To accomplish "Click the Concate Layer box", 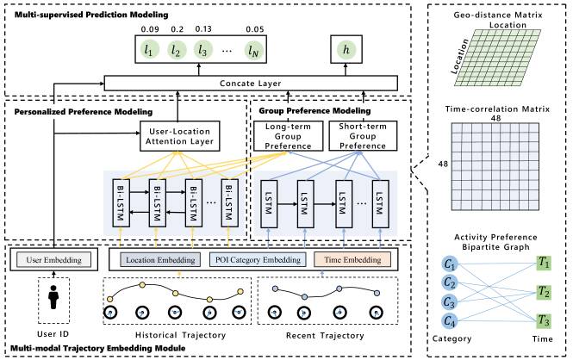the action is click(x=251, y=84).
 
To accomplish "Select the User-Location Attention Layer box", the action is click(x=180, y=136).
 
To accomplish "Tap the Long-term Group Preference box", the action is click(x=289, y=136).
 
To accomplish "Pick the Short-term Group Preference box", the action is click(x=363, y=136).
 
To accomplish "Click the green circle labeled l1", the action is click(x=148, y=50).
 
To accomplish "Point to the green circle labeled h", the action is click(x=346, y=49).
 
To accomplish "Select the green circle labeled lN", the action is click(x=253, y=51).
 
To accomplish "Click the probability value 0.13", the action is click(x=203, y=29).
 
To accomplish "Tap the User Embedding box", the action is click(x=53, y=260).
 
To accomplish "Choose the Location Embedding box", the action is click(x=160, y=260).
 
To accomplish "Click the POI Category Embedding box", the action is click(x=258, y=260).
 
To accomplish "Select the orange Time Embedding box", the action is click(x=352, y=260).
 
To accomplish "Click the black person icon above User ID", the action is click(x=53, y=297).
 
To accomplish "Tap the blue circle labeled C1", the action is click(x=450, y=264).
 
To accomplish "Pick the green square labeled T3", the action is click(x=544, y=320).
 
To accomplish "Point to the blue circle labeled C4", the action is click(x=450, y=321).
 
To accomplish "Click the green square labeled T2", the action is click(x=544, y=292).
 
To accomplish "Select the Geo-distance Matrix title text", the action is click(x=498, y=16).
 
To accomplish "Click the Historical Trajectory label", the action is click(x=181, y=335).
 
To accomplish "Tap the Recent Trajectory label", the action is click(x=325, y=336).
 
